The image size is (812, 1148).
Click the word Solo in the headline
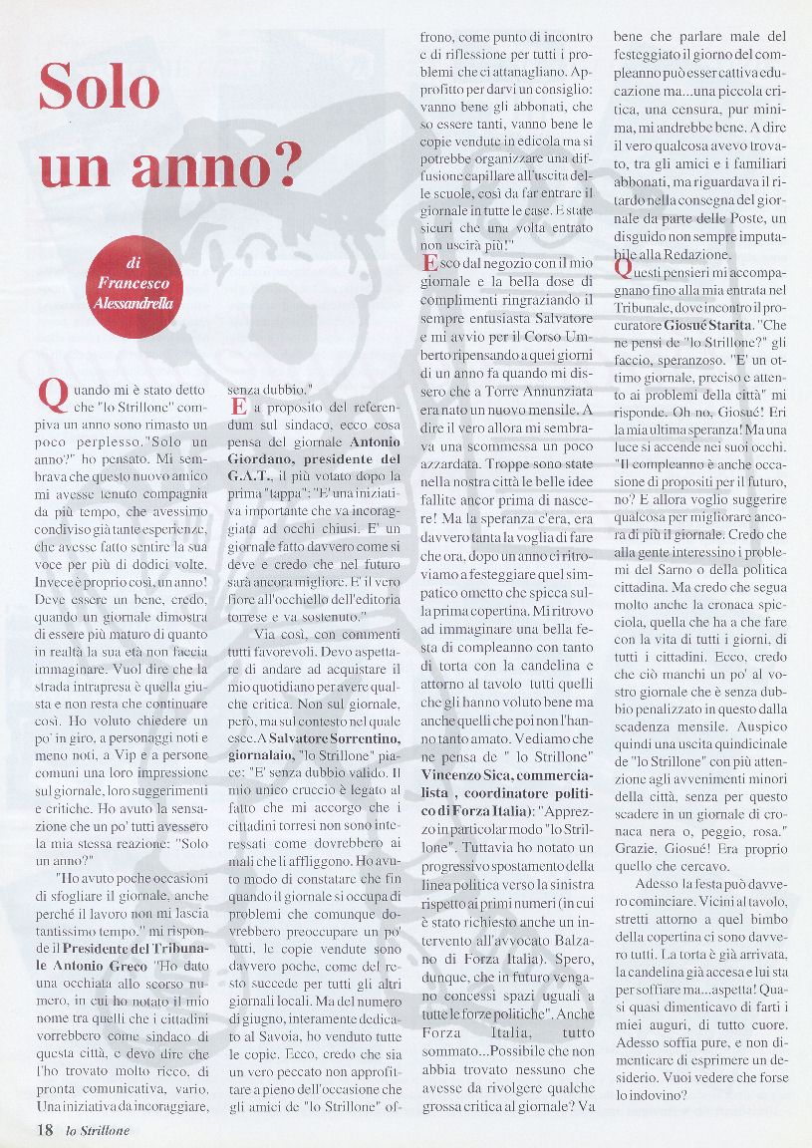coord(100,88)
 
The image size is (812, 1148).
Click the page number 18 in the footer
coord(44,1130)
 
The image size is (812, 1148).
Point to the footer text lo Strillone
coord(98,1130)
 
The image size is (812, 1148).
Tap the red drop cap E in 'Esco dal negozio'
coord(429,264)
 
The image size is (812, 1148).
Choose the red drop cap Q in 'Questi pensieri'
coord(623,268)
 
